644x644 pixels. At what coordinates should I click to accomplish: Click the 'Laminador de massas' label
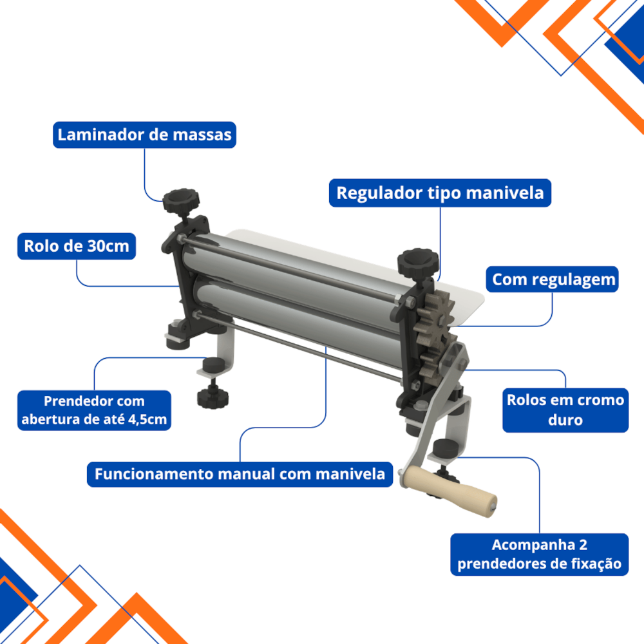[144, 135]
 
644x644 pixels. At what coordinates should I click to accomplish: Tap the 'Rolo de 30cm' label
[77, 246]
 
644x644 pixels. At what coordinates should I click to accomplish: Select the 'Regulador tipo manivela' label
[440, 193]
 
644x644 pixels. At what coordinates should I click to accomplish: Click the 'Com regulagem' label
[553, 279]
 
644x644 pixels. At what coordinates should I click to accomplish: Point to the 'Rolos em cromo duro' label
[565, 410]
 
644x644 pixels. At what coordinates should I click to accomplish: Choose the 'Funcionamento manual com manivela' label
[240, 474]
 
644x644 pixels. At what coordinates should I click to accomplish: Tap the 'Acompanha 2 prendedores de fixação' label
[539, 554]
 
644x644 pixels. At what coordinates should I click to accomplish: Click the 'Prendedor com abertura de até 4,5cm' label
[94, 410]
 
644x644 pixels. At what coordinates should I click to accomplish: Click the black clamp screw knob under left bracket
[213, 397]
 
